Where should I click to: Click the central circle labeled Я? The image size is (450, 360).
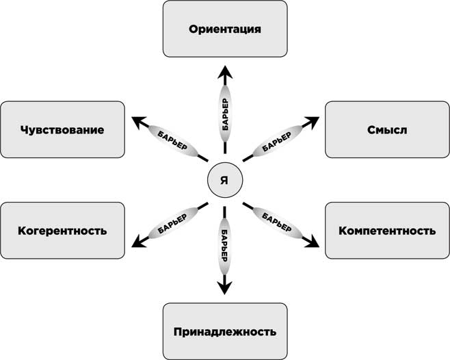(224, 180)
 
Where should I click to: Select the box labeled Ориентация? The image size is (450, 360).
(225, 29)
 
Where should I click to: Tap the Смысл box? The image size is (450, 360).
(386, 129)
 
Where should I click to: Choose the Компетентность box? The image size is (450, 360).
(386, 230)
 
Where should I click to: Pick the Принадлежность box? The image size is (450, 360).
(224, 331)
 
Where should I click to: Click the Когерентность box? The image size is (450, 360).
(63, 230)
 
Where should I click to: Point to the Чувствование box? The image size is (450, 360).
(63, 129)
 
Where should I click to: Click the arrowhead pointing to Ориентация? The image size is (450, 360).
(225, 72)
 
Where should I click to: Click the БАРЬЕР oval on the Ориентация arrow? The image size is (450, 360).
(225, 110)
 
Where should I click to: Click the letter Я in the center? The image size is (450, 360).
(224, 181)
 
